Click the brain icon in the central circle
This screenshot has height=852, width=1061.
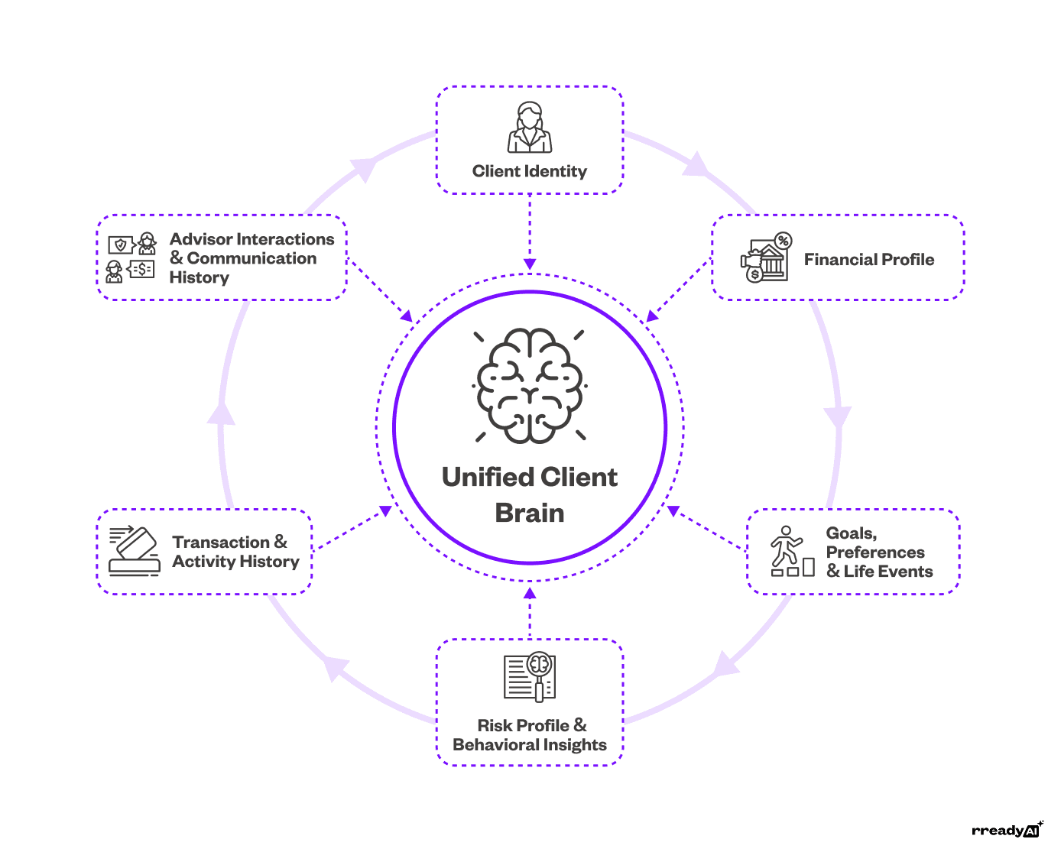click(530, 386)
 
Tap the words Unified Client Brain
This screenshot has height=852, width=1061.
click(530, 494)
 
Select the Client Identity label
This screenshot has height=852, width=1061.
click(530, 171)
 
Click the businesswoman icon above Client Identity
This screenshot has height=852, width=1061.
click(530, 128)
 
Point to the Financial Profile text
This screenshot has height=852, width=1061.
click(868, 260)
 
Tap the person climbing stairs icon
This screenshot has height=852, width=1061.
click(791, 551)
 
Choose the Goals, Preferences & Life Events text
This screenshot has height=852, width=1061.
click(878, 552)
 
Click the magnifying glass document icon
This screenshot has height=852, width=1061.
click(530, 676)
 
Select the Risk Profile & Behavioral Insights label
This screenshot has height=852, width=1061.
click(530, 735)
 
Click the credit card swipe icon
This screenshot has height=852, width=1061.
click(135, 550)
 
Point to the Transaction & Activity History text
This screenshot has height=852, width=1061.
click(235, 552)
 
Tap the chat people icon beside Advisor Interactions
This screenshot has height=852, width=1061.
click(131, 258)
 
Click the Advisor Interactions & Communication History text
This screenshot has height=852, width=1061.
click(251, 258)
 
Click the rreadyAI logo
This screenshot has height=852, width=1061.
click(1007, 830)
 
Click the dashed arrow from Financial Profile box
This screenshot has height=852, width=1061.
click(679, 291)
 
